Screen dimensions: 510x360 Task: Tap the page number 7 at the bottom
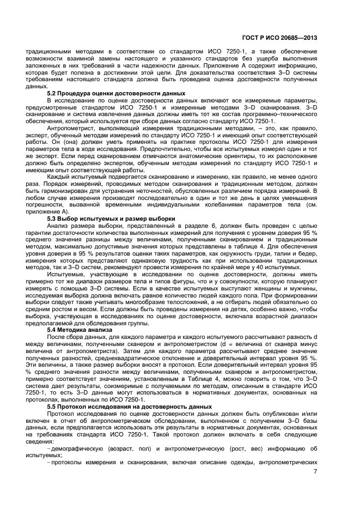pos(315,472)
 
